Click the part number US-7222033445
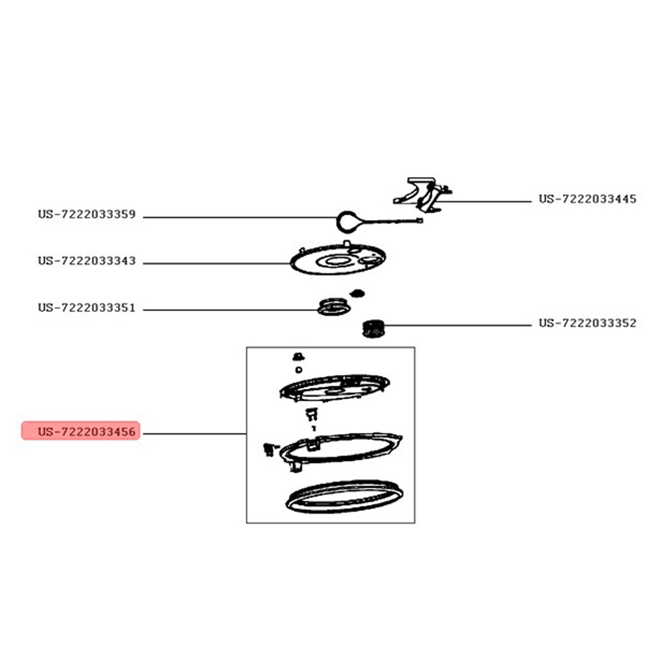587,199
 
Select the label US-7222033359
87,214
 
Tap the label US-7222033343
87,261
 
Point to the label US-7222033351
87,308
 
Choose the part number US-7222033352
587,323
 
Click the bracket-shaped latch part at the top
423,195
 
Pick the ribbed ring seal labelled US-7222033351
334,307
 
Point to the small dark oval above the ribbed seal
358,293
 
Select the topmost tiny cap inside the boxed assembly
298,357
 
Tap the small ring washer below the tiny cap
299,370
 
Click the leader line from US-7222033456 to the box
194,434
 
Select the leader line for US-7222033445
482,202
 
